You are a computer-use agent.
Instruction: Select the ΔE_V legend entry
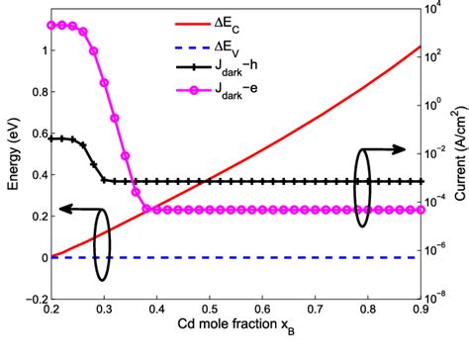[x=294, y=45]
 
